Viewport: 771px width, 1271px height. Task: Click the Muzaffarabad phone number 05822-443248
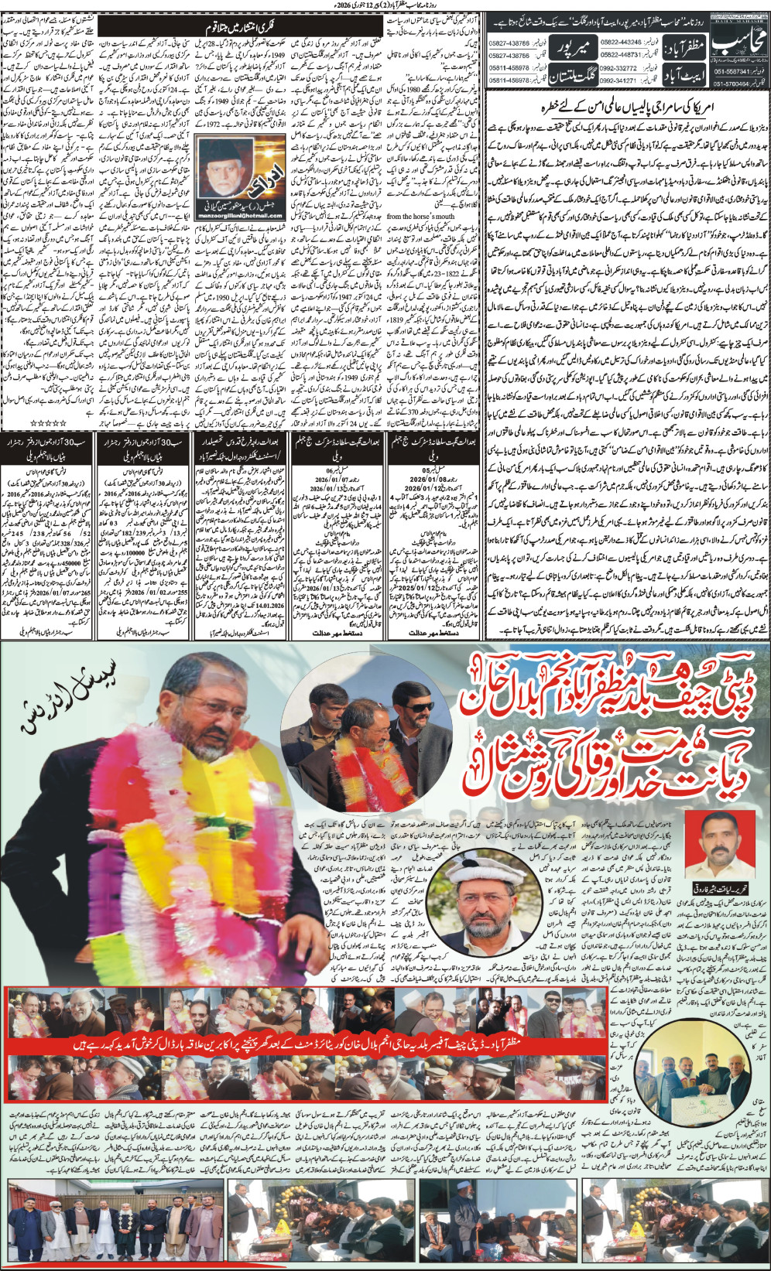tap(620, 42)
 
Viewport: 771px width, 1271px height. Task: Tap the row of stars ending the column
tap(22, 424)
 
